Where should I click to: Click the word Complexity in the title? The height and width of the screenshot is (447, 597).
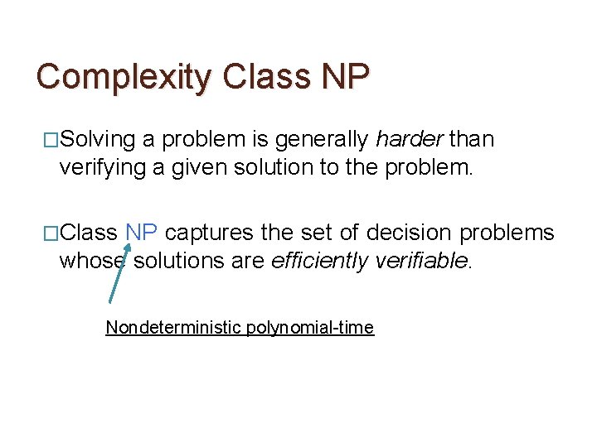coord(124,77)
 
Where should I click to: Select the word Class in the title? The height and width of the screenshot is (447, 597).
coord(260,77)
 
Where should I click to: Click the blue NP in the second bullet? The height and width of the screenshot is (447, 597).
coord(141,233)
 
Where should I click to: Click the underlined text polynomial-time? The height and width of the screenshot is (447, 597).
coord(310,328)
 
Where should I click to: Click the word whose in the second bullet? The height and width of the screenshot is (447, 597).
coord(91,262)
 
